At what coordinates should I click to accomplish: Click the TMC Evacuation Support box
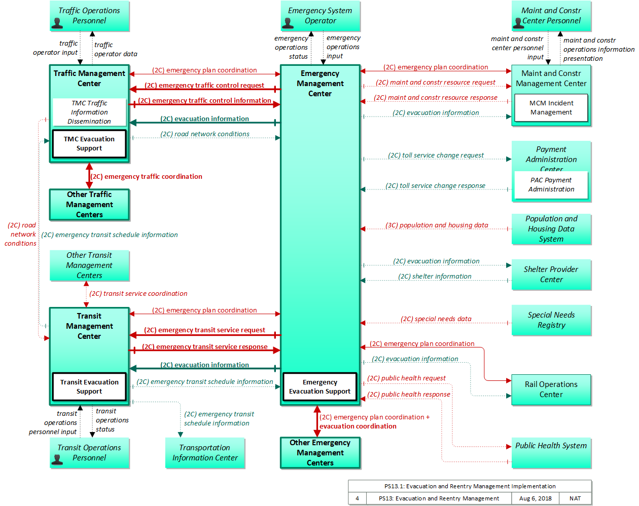[89, 144]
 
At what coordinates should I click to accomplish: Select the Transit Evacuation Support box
[89, 386]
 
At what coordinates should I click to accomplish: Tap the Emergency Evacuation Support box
[320, 386]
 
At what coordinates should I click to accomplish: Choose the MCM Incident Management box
[551, 108]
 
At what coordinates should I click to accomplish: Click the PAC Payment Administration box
[551, 185]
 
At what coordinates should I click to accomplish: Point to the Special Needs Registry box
[551, 320]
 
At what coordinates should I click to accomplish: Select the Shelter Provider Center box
[551, 275]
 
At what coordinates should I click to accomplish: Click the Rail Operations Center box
[551, 390]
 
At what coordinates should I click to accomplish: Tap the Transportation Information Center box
[205, 453]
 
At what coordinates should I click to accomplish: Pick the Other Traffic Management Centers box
[89, 205]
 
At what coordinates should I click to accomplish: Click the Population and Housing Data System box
[551, 229]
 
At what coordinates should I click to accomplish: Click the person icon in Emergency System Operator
[288, 23]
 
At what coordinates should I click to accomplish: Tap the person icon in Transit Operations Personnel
[57, 459]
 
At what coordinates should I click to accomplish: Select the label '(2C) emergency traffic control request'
[204, 85]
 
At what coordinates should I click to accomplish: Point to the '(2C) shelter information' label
[435, 276]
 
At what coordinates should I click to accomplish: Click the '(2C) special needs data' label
[436, 319]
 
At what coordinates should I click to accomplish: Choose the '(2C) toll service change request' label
[436, 155]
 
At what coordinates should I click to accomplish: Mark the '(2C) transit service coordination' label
[138, 293]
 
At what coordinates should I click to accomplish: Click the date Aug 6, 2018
[535, 498]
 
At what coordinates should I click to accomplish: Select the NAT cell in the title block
[575, 498]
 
